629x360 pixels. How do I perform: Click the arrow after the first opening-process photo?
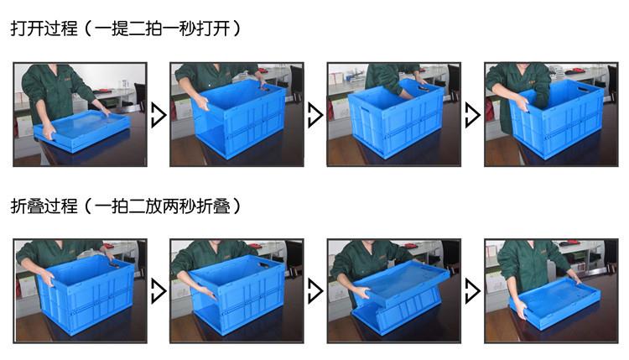(158, 115)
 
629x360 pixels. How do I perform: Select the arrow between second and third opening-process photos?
(314, 115)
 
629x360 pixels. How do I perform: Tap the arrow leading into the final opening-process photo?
(472, 115)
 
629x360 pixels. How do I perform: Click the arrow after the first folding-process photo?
(158, 291)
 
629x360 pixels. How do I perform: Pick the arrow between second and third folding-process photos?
(314, 291)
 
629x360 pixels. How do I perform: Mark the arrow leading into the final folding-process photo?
(472, 291)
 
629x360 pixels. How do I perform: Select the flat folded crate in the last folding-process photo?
(553, 299)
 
